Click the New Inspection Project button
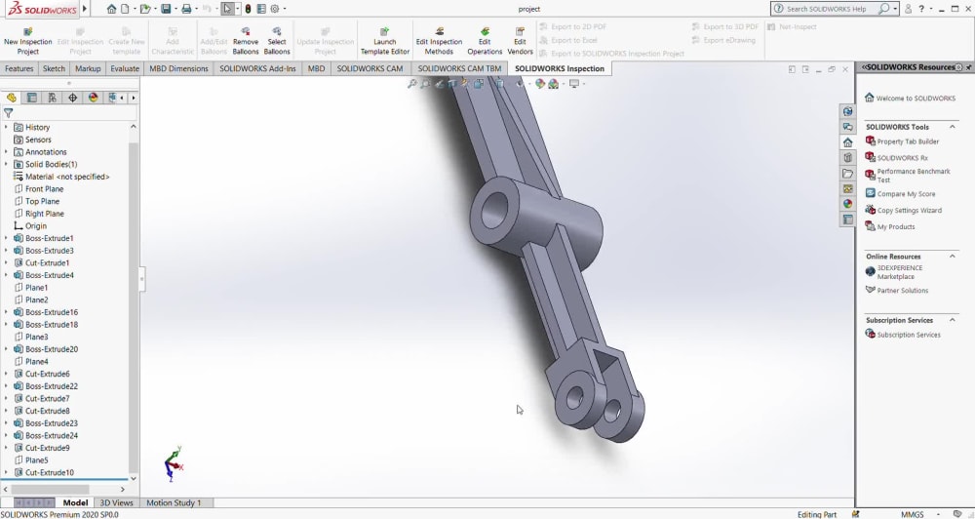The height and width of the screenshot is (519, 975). [x=27, y=40]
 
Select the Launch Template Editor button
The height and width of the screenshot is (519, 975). [x=385, y=40]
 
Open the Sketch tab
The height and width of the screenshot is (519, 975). [x=54, y=69]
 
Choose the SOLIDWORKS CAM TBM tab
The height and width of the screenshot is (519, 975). [x=459, y=69]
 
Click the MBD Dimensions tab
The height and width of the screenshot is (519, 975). [x=178, y=69]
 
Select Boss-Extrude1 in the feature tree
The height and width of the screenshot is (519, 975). [x=49, y=238]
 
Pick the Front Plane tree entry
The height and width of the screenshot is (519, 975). [x=44, y=189]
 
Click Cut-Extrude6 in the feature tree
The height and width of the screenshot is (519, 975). [x=47, y=374]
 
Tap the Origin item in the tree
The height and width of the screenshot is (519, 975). [x=35, y=226]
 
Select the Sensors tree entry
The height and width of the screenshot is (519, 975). [x=38, y=140]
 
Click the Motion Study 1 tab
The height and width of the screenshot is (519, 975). [x=174, y=503]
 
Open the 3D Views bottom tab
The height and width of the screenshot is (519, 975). [x=116, y=503]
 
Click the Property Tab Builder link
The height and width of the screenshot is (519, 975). [x=908, y=141]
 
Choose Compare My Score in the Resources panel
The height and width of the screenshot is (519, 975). [x=906, y=194]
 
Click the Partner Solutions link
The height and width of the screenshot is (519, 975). [x=902, y=291]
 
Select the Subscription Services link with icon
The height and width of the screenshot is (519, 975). [x=908, y=335]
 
